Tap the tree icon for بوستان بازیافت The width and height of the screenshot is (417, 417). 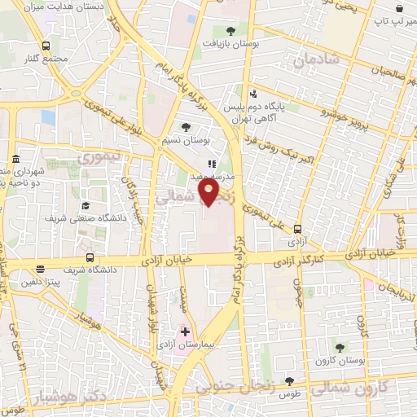[231, 31]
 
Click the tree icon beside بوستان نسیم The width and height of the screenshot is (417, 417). [187, 127]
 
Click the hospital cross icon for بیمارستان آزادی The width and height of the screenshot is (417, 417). [186, 332]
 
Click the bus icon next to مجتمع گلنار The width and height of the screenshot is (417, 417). [46, 47]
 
